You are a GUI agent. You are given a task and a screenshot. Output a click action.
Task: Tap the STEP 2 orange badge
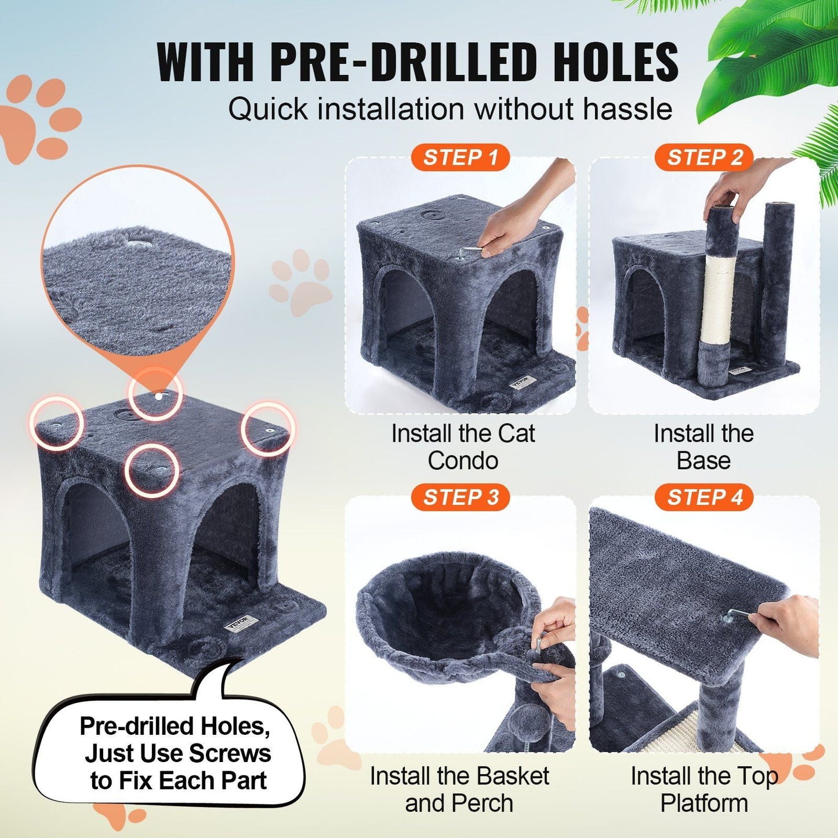(x=704, y=158)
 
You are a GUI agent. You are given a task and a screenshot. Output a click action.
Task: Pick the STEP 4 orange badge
(x=704, y=498)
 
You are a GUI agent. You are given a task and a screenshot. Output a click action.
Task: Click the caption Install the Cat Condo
(x=463, y=447)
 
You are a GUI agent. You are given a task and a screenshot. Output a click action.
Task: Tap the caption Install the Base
(x=703, y=447)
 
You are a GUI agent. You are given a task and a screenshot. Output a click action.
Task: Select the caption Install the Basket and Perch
(x=459, y=789)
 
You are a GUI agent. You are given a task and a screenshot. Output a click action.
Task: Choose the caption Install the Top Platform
(x=704, y=789)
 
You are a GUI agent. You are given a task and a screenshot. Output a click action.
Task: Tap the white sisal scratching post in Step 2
(x=718, y=299)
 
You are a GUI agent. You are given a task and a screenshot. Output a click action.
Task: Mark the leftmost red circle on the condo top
(x=56, y=423)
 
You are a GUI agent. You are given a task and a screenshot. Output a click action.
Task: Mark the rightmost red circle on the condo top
(x=268, y=429)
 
